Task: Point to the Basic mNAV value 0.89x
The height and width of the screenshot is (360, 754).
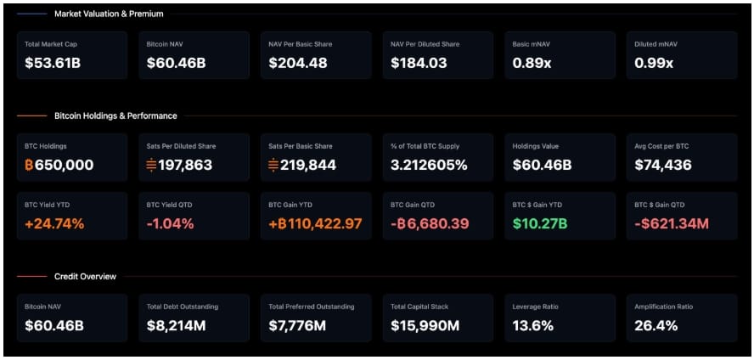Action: click(532, 63)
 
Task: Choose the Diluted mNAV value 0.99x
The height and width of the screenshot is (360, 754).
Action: click(655, 63)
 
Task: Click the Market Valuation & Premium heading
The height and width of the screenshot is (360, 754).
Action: click(109, 14)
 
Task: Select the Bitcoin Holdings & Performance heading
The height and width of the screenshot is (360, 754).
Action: click(115, 115)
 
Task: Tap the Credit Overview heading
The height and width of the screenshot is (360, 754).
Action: click(85, 276)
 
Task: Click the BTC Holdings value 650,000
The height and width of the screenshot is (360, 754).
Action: click(59, 165)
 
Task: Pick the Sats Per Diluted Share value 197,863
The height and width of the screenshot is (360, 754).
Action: click(181, 165)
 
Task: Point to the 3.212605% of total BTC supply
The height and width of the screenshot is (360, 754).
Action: click(429, 165)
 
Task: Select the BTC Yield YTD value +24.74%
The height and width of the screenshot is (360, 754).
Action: click(55, 224)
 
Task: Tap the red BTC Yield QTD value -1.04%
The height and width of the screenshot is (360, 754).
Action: click(171, 224)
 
